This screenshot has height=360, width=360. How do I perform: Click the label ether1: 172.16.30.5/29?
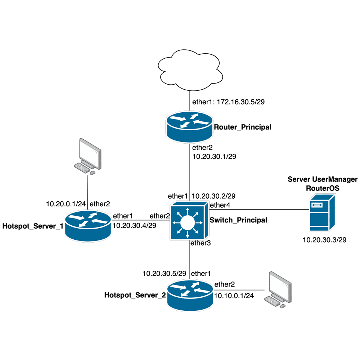(229, 102)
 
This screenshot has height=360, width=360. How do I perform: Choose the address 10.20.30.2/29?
(214, 196)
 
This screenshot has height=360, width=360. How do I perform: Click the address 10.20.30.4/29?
(134, 225)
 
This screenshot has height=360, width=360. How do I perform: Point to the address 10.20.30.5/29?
(164, 274)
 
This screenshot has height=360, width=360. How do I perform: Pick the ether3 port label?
(201, 243)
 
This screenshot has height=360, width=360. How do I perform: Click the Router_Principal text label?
(242, 127)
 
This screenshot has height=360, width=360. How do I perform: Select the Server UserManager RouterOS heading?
(322, 183)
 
